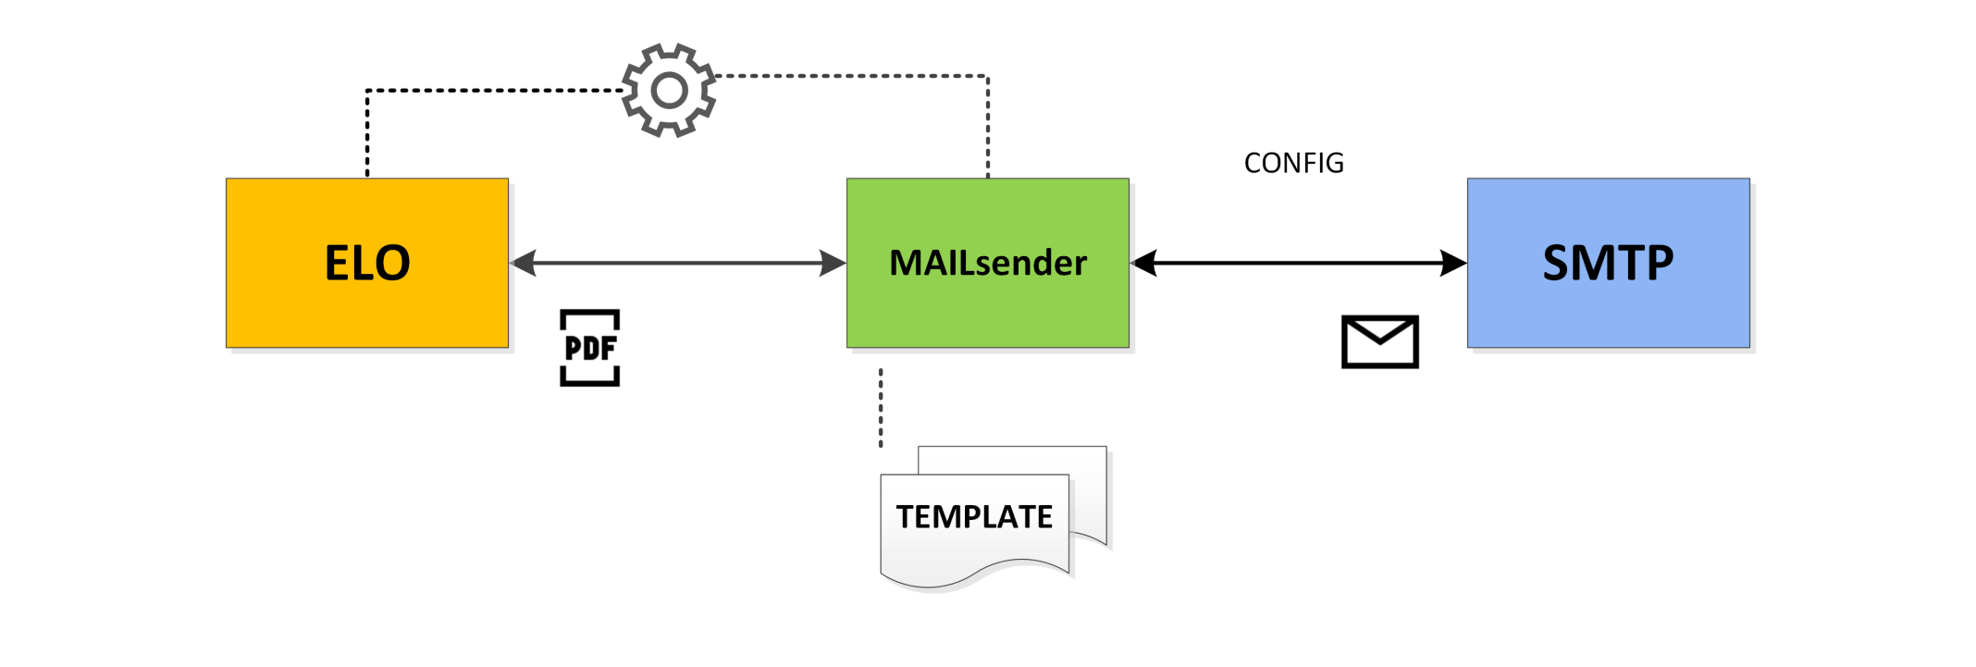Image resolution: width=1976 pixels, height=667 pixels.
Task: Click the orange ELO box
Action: coord(367,263)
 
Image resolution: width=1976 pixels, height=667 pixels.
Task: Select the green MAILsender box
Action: coord(988,263)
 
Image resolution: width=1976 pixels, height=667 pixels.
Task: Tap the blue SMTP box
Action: coord(1609,263)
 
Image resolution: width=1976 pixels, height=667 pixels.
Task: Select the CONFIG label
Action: coord(1293,163)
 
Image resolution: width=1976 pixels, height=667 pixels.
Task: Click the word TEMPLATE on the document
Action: coord(974,516)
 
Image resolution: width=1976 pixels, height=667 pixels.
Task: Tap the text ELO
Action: coord(367,263)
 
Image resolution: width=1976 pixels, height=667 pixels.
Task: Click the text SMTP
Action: coord(1608,263)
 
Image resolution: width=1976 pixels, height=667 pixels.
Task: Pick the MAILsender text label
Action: coord(988,263)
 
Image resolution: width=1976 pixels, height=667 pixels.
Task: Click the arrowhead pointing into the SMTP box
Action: coord(1454,264)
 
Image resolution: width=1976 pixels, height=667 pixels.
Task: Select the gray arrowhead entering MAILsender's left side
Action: coord(833,264)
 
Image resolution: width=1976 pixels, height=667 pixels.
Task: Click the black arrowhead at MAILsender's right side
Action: coord(1144,264)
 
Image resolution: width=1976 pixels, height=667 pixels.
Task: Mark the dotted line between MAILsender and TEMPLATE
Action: coord(881,408)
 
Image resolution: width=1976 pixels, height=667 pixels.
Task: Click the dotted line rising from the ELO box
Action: coord(367,132)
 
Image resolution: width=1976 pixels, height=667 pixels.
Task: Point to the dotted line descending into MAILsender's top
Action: coord(988,127)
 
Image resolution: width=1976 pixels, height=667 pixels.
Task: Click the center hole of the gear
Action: coord(669,91)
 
